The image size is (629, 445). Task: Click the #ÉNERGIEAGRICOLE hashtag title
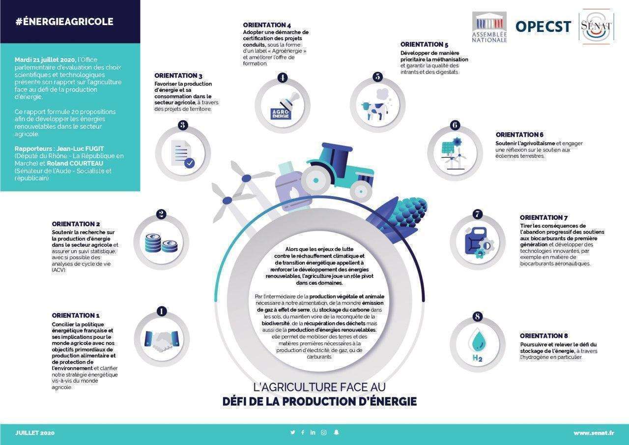[x=64, y=22]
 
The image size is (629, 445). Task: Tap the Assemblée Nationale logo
[x=489, y=27]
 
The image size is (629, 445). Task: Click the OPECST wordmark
[x=543, y=27]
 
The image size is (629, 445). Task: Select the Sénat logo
[x=596, y=27]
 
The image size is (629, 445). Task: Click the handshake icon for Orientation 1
[x=162, y=340]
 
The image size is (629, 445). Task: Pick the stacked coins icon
[x=161, y=243]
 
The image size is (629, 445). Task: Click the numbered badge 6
[x=455, y=125]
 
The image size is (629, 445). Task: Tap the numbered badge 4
[x=282, y=78]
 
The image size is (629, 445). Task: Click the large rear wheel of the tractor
[x=316, y=180]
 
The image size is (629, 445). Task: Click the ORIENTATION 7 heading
[x=543, y=217]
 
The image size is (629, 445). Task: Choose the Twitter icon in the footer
[x=292, y=432]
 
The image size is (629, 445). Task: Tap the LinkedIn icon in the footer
[x=313, y=432]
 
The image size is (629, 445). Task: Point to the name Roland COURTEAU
[x=75, y=164]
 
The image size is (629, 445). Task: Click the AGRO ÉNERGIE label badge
[x=281, y=114]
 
